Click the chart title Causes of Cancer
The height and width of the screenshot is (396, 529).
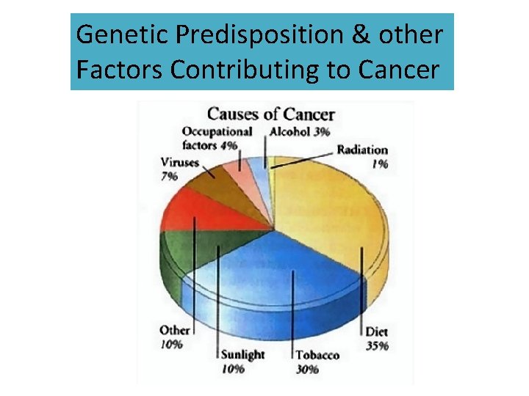point(270,114)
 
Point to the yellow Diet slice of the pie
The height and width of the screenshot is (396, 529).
point(331,213)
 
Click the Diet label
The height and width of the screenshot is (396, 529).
point(377,331)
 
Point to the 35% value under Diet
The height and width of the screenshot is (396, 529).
point(377,345)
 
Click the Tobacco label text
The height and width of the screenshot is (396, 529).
point(317,355)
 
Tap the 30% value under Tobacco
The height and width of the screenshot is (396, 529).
point(307,369)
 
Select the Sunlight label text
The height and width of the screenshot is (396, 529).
point(243,355)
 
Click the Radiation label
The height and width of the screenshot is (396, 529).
point(362,150)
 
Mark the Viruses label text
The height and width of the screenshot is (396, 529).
point(179,162)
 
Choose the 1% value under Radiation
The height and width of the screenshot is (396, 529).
point(379,164)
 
